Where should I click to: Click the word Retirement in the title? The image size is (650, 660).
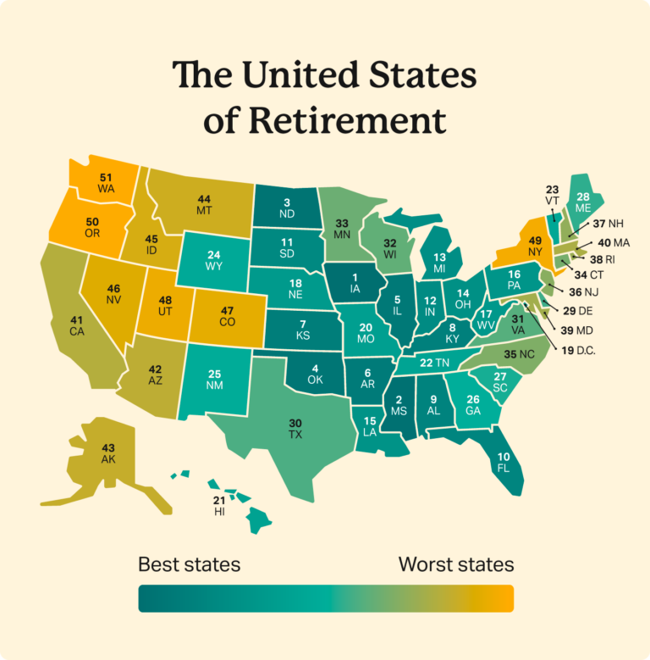[x=346, y=120]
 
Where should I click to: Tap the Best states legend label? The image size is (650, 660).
[x=189, y=564]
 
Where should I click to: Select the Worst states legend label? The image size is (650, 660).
[x=456, y=564]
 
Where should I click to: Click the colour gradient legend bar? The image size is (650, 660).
[x=326, y=597]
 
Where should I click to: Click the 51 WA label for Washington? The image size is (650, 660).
[x=106, y=182]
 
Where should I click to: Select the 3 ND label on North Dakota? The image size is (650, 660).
[x=287, y=208]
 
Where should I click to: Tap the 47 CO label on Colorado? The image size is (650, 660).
[x=229, y=318]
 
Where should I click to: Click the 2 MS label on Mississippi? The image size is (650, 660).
[x=399, y=406]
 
